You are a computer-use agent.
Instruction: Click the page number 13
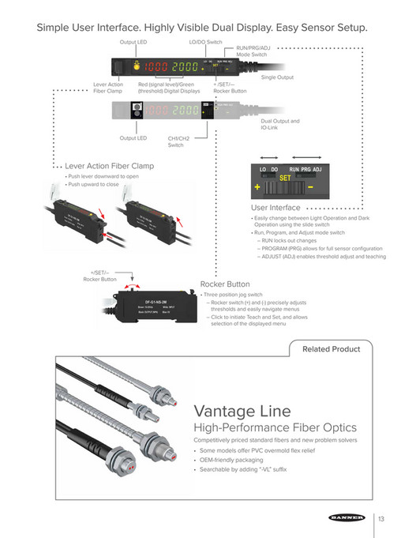381,518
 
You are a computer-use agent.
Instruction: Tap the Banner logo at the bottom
347,518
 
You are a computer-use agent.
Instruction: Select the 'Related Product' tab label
332,348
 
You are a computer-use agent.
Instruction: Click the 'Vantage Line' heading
242,411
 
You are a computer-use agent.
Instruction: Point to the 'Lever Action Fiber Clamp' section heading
110,166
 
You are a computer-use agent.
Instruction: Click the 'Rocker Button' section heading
225,284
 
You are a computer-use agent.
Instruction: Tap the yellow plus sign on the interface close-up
257,188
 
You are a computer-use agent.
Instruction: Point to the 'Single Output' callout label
277,77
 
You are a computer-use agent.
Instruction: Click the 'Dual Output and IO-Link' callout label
280,124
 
